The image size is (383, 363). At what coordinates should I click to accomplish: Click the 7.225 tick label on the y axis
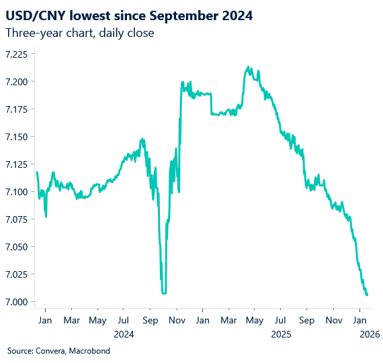[17, 54]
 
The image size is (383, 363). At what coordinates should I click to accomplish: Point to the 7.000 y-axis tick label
[17, 302]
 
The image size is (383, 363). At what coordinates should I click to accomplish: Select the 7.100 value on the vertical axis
[17, 192]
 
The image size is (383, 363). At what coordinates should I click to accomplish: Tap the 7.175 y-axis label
[17, 109]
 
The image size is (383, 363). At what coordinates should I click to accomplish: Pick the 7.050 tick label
[17, 247]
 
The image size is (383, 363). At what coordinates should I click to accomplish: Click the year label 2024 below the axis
[124, 333]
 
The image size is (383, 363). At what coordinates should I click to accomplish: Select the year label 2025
[280, 333]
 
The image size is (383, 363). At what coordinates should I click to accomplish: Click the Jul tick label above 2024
[124, 320]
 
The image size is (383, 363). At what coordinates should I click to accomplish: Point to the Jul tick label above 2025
[280, 320]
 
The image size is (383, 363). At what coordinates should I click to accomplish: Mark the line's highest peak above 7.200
[248, 66]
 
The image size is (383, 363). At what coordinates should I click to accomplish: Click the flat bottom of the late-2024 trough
[164, 293]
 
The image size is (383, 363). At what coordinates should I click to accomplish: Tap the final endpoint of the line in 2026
[367, 295]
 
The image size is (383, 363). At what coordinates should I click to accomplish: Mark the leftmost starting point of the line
[36, 172]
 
